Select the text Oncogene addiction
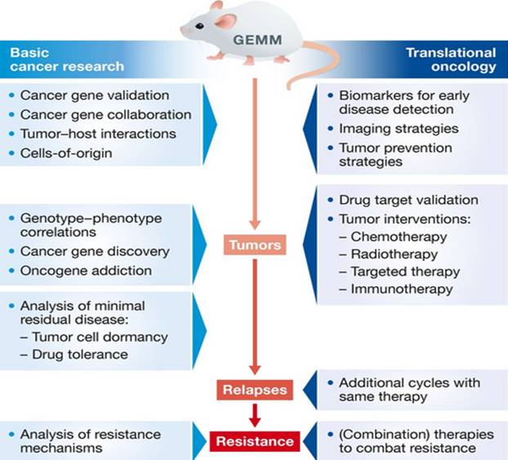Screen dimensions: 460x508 click(x=87, y=270)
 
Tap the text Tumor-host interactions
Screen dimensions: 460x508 click(x=99, y=132)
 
